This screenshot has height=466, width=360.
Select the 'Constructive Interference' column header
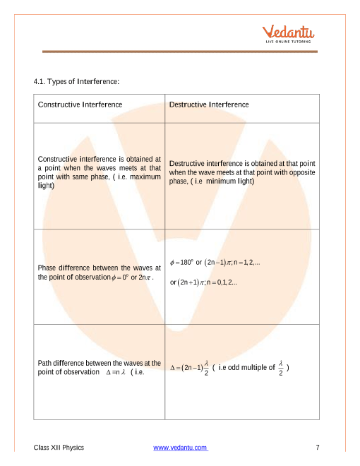pyautogui.click(x=80, y=104)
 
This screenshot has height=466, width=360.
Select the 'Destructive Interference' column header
pyautogui.click(x=209, y=104)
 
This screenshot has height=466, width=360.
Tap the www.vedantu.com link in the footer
pyautogui.click(x=180, y=448)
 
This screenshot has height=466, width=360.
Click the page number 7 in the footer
pyautogui.click(x=318, y=448)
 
